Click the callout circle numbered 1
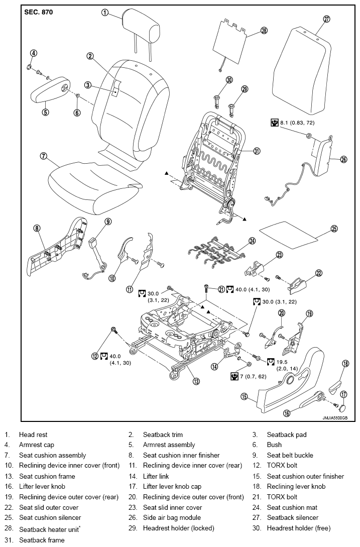104,13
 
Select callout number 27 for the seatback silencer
326,19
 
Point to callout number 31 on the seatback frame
257,151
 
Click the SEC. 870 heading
38,12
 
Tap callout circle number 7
43,156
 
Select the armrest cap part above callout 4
29,66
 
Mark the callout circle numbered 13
196,381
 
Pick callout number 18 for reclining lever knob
345,364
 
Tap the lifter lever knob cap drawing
342,408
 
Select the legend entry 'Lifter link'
156,476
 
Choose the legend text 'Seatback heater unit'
49,529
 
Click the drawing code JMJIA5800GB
335,417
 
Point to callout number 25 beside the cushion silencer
334,229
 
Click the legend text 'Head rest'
33,434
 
